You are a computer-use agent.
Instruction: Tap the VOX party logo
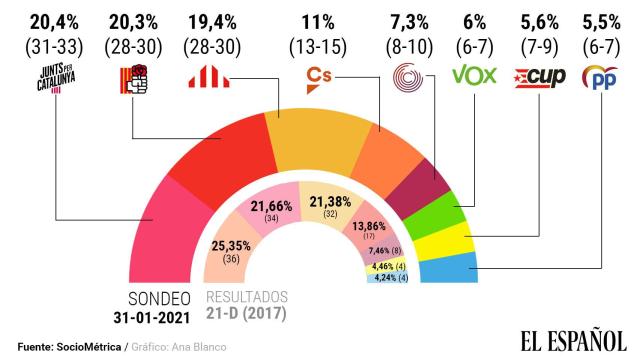click(x=474, y=75)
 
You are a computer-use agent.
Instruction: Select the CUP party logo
click(x=539, y=75)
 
